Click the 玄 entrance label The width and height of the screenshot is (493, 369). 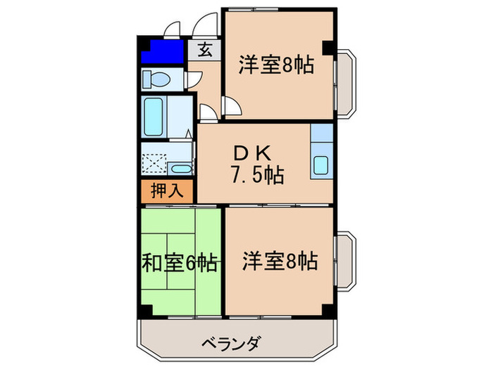204,50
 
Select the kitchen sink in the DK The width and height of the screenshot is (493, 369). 321,165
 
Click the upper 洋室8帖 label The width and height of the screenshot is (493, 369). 275,66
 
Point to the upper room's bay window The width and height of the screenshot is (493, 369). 347,81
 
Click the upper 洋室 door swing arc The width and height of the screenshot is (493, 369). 232,105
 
